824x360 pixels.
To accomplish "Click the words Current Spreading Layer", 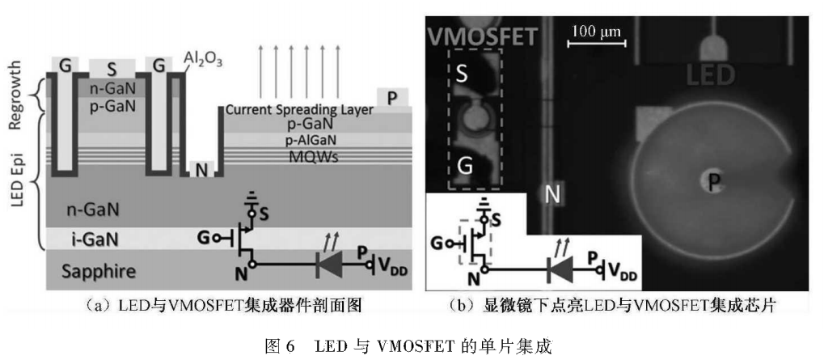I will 299,110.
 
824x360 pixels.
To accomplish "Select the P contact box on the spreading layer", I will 392,98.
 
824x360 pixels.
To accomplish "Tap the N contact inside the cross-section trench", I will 199,168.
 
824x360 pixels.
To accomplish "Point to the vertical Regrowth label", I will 15,101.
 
